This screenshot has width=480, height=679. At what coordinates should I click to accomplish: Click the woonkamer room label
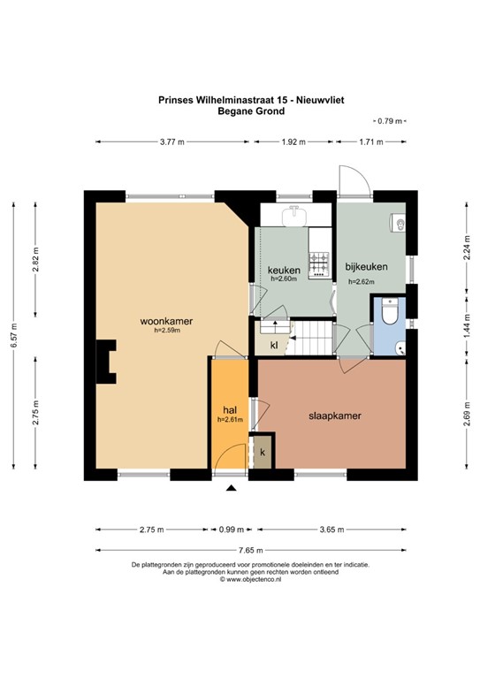pos(166,321)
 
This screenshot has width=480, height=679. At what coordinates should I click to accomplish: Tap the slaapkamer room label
pos(332,415)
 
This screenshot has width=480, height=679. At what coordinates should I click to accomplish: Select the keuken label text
pos(284,270)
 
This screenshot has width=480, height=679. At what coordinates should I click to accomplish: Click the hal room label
pos(229,410)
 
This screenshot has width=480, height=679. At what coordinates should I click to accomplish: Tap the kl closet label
pos(274,344)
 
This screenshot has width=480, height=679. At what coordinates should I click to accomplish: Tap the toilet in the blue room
pos(390,313)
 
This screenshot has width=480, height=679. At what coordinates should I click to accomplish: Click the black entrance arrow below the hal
pos(232,487)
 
